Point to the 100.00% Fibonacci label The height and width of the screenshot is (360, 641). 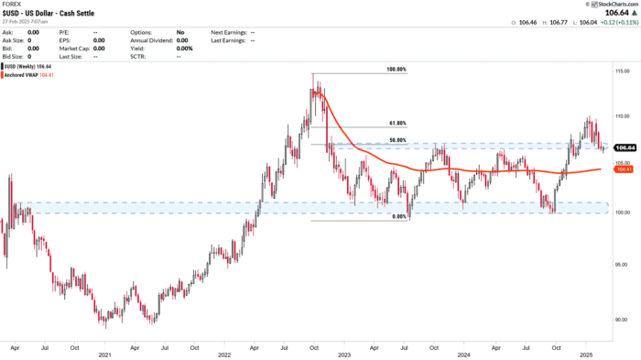tap(395, 70)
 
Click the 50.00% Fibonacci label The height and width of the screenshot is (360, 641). tap(396, 140)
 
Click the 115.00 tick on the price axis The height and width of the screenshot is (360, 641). tap(621, 71)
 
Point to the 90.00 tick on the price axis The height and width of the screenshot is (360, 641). tap(621, 319)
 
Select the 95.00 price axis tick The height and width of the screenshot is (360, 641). tap(621, 269)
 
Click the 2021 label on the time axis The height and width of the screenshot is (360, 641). tap(104, 355)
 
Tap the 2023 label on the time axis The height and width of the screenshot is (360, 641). tap(344, 355)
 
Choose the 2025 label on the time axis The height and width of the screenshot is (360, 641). tap(584, 355)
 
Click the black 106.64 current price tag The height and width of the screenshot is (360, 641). tap(625, 147)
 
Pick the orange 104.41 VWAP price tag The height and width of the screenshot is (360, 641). tap(625, 169)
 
